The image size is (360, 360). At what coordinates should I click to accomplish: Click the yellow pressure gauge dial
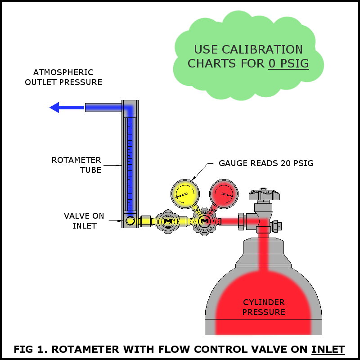click(x=185, y=194)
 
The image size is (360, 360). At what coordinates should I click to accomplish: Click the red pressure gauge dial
click(x=224, y=194)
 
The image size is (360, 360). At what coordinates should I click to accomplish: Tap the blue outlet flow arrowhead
click(x=55, y=107)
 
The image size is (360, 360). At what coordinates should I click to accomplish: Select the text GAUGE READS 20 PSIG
click(x=266, y=163)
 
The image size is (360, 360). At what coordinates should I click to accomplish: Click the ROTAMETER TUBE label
click(x=76, y=165)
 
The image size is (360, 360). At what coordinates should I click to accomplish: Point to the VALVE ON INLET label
click(x=84, y=221)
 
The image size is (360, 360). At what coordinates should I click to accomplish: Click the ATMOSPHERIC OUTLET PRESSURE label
click(x=63, y=77)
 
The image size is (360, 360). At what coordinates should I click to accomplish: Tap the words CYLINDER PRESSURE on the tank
click(x=264, y=307)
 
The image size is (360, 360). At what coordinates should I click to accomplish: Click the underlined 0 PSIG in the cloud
click(x=289, y=63)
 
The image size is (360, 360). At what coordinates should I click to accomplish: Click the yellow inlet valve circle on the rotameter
click(x=130, y=221)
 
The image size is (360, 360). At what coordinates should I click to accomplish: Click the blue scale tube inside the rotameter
click(x=130, y=162)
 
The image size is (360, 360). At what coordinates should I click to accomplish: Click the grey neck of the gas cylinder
click(x=263, y=247)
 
